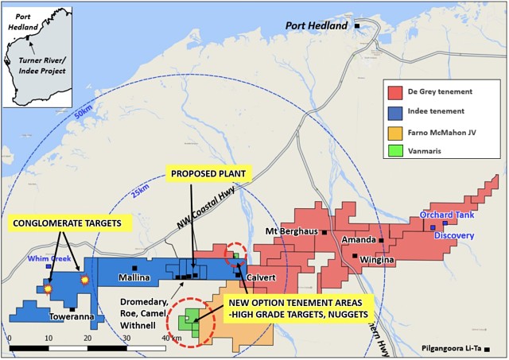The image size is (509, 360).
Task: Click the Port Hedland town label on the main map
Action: pyautogui.click(x=317, y=26)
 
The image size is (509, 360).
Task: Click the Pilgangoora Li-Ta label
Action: pyautogui.click(x=453, y=348)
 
